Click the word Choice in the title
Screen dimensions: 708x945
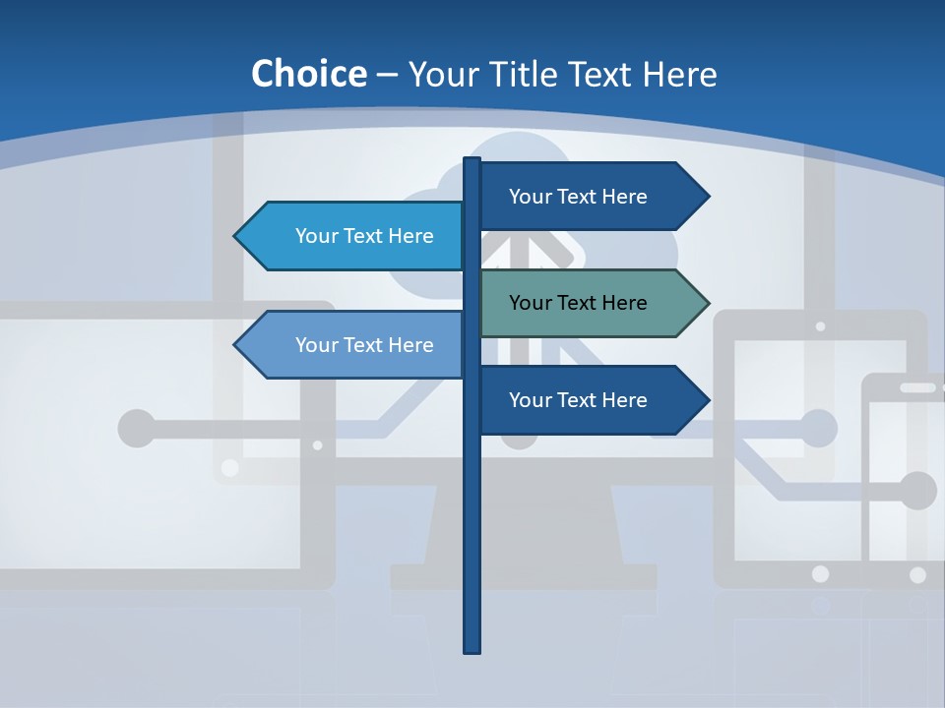308,74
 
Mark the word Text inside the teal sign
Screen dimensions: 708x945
578,303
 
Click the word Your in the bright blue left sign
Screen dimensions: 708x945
317,236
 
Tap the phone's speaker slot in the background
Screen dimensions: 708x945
917,387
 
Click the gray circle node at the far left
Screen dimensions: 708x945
137,428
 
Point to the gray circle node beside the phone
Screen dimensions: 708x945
917,491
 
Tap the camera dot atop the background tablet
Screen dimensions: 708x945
820,325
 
